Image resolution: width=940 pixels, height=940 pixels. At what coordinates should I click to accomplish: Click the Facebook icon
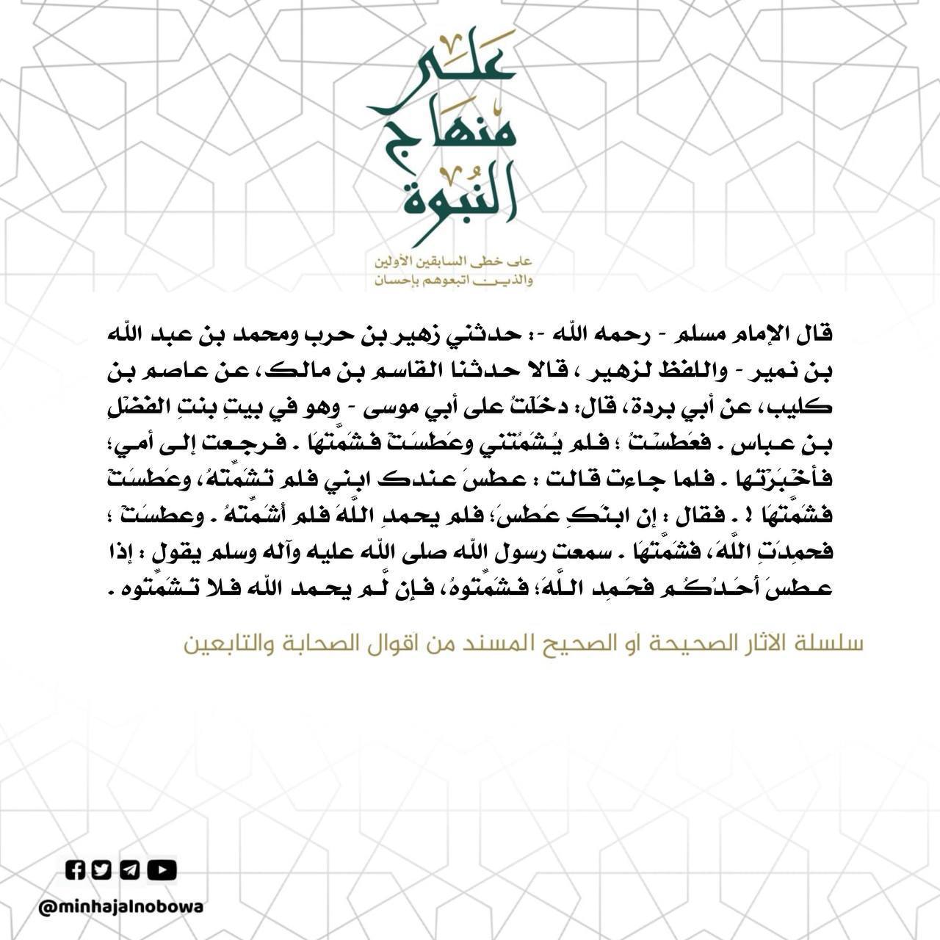[x=76, y=870]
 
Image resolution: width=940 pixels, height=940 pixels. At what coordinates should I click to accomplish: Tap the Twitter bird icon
[x=101, y=870]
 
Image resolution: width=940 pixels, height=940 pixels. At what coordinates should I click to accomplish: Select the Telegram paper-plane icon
[x=129, y=870]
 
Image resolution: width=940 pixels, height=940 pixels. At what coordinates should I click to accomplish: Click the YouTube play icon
[x=162, y=870]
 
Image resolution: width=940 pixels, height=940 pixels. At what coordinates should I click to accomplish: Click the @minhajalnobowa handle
[x=121, y=907]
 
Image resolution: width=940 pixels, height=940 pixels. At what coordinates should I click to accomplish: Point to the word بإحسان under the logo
[x=395, y=280]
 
